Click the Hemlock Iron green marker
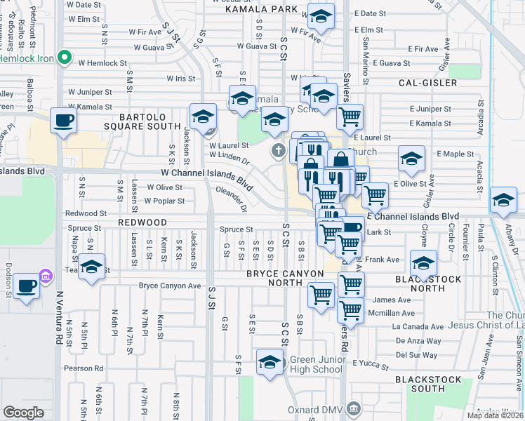click(x=65, y=57)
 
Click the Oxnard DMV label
click(x=316, y=409)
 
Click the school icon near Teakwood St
click(x=91, y=267)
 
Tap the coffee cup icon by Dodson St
click(x=27, y=286)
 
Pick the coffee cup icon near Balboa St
click(x=63, y=121)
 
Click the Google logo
click(x=23, y=413)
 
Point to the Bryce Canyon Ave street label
click(x=169, y=286)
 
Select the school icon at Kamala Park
click(x=321, y=15)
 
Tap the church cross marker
click(x=278, y=150)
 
